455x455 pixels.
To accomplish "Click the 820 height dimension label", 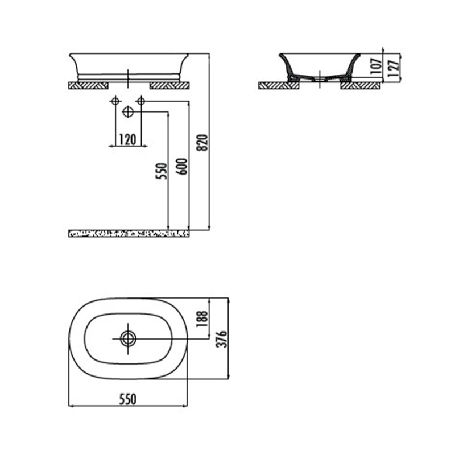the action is (x=202, y=142).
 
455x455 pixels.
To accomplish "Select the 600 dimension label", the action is (x=182, y=166).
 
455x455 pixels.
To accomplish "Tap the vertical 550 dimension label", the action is (x=162, y=171).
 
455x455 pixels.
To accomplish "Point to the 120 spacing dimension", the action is (x=127, y=139).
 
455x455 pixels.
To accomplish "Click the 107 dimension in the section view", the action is (x=377, y=67).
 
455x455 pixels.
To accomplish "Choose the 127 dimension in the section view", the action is (x=393, y=68).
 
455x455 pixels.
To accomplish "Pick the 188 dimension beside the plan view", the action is (x=202, y=318).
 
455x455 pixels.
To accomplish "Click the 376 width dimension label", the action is (x=222, y=338).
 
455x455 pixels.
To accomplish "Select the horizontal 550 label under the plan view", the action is (x=127, y=399).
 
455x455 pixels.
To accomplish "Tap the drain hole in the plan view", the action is (x=128, y=338).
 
